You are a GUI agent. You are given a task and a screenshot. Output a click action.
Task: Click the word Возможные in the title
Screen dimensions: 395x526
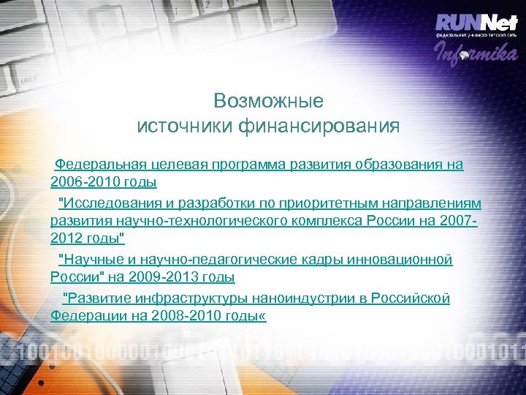click(x=268, y=100)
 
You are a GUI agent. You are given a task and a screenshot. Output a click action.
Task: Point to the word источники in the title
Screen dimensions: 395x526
click(x=185, y=126)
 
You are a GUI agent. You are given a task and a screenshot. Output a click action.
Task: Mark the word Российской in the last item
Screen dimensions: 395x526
click(x=411, y=298)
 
